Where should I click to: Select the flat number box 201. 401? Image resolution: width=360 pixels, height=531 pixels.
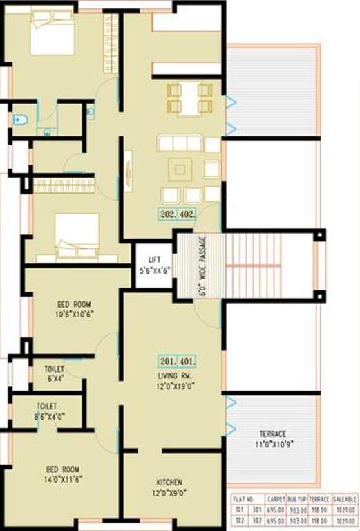coord(178,361)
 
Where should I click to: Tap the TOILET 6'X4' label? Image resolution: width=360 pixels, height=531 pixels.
coord(55,373)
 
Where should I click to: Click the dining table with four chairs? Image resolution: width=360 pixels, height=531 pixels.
coord(189,98)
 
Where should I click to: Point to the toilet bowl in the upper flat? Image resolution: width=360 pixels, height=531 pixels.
coord(21,120)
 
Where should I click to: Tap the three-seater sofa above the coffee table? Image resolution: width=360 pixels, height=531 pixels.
coord(180,145)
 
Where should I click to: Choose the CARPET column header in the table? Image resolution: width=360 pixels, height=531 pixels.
coord(276,499)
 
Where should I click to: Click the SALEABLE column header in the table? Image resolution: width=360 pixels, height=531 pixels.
coord(344,499)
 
